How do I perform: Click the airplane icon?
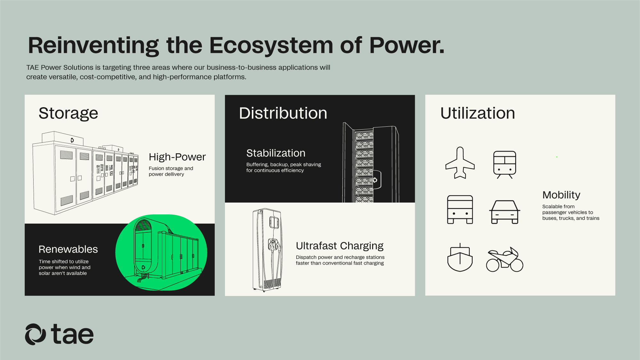click(460, 163)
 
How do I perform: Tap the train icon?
click(505, 164)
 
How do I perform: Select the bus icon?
click(460, 210)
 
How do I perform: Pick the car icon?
click(505, 212)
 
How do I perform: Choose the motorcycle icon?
click(504, 260)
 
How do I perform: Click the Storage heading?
click(68, 113)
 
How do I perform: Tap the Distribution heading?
click(283, 113)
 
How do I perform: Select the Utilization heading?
click(477, 113)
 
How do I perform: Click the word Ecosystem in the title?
click(271, 45)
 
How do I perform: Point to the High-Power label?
click(177, 157)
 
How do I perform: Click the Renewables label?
click(68, 249)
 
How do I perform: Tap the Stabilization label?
click(276, 153)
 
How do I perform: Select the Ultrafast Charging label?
click(340, 246)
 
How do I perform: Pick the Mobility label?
click(561, 195)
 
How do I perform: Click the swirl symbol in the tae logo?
click(35, 334)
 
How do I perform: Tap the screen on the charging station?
click(274, 221)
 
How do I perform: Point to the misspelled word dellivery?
click(173, 174)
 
